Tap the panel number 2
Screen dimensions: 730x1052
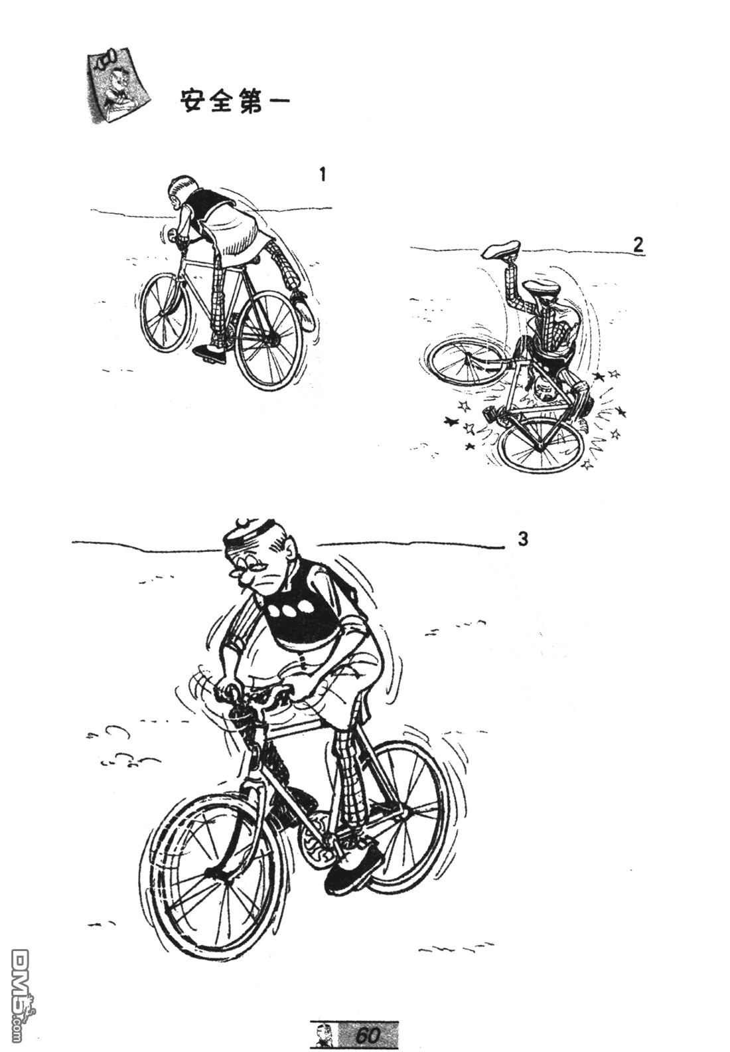point(638,245)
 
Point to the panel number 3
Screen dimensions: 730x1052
point(523,539)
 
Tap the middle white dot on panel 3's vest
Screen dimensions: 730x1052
point(287,610)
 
